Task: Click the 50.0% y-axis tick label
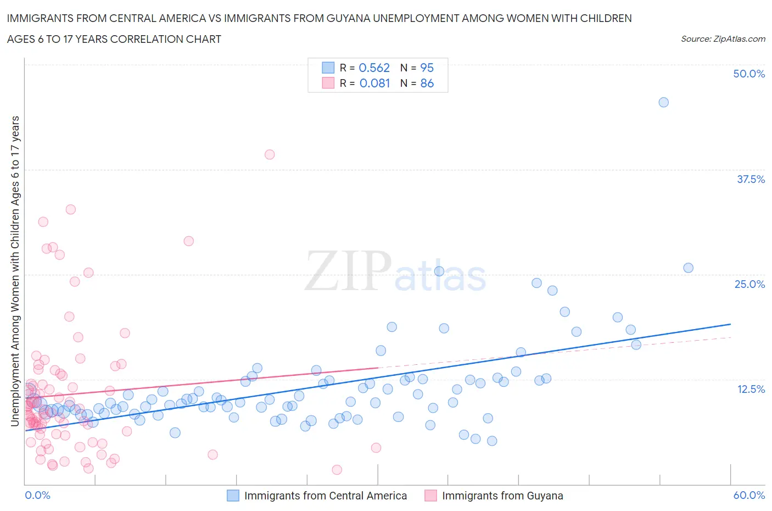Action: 748,74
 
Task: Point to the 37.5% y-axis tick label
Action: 750,179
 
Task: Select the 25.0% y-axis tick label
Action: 749,284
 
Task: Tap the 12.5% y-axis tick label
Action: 750,389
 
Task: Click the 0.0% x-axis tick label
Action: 37,495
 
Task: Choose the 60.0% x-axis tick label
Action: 748,495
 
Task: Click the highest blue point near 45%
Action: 663,102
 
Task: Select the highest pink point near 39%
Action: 270,154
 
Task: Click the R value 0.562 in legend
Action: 374,68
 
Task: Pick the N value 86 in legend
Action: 427,83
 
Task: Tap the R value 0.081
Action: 374,83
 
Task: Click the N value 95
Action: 427,68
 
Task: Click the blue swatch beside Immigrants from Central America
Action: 233,496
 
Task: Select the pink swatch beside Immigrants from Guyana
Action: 430,496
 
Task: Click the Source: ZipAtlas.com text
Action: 723,38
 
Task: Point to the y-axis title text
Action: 15,271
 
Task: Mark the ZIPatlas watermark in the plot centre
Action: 395,271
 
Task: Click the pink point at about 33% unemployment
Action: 70,209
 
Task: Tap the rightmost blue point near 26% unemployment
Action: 688,268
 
